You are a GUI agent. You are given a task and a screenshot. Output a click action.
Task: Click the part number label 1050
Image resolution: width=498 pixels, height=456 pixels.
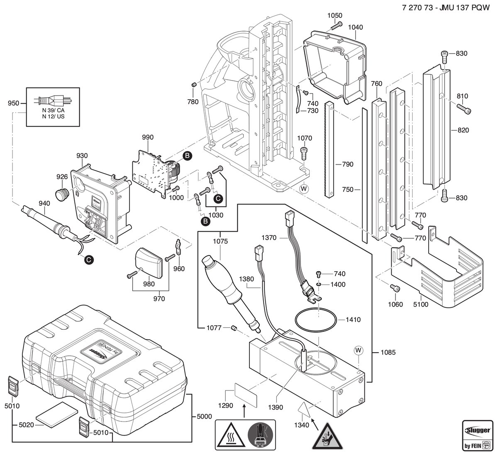334,15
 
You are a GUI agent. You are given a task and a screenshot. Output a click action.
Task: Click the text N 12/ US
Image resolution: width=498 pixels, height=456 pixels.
53,116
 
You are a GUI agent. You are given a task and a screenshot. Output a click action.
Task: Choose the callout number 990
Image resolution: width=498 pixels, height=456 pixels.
148,137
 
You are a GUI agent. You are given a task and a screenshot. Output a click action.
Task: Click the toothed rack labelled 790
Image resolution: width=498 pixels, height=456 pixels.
329,150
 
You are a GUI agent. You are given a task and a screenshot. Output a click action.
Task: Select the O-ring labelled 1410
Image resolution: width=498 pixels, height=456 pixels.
316,319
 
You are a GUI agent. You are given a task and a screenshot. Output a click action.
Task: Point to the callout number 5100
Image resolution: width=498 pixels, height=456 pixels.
420,304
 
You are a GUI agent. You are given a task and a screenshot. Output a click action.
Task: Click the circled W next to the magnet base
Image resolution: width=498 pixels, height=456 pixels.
358,351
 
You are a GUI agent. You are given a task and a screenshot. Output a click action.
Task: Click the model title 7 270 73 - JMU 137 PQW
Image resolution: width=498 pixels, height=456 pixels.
445,8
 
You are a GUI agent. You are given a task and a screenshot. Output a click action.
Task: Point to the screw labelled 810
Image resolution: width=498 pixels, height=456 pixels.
464,109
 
